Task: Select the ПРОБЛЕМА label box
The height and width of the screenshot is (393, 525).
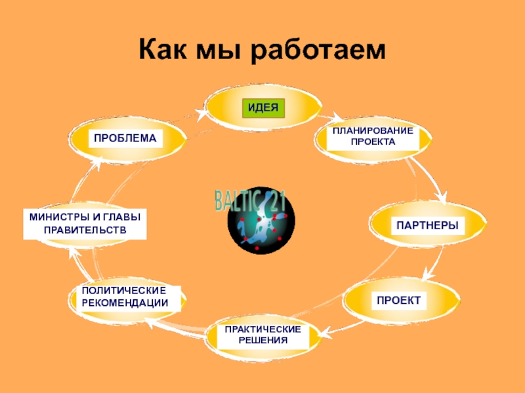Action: [x=125, y=138]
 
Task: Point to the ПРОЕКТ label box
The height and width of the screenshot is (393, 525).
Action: [x=398, y=301]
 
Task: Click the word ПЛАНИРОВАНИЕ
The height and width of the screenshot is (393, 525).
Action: [x=373, y=130]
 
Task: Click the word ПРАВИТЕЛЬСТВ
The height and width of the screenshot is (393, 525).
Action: [x=84, y=230]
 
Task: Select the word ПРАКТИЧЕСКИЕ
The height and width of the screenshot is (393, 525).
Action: [x=262, y=329]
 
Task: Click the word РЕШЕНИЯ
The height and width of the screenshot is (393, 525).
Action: [x=262, y=341]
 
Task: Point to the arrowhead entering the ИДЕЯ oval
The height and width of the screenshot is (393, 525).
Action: [x=207, y=113]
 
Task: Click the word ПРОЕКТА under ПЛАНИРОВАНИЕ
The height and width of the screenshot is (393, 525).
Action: [x=373, y=141]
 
